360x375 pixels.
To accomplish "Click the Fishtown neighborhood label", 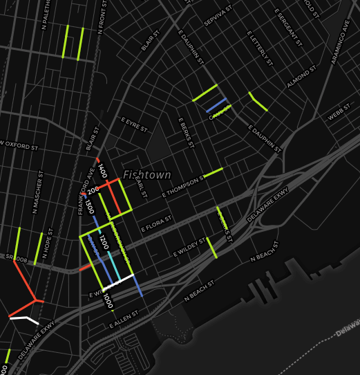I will [146, 175].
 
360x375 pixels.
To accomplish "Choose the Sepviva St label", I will [220, 17].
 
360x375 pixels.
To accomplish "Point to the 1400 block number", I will [102, 172].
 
